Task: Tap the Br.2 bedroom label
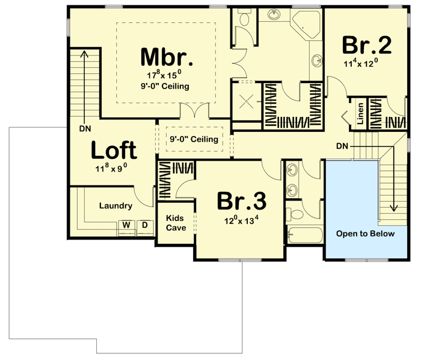[x=367, y=45]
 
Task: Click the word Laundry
[x=115, y=206]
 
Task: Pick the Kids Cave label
[x=176, y=223]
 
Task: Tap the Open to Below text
[x=365, y=234]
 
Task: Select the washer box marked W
[x=126, y=225]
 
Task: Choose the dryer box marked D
[x=144, y=225]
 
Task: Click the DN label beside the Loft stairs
[x=84, y=128]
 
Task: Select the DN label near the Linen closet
[x=342, y=146]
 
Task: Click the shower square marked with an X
[x=247, y=101]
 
